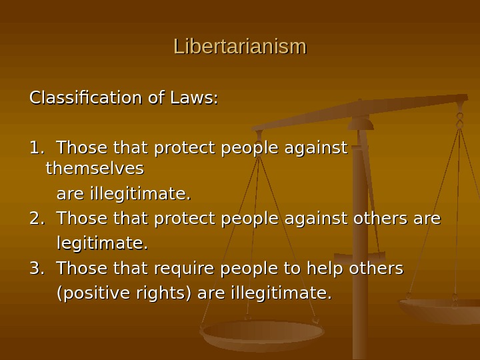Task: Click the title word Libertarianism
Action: (240, 47)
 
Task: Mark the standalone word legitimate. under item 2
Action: (102, 243)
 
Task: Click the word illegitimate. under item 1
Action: (123, 194)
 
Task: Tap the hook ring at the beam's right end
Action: (460, 120)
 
